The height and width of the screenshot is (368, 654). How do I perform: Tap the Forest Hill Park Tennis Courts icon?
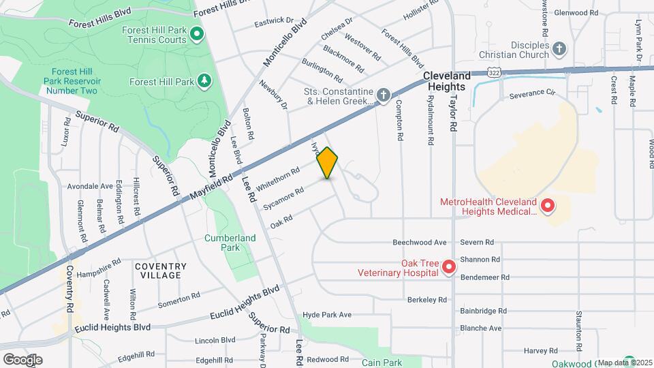pyautogui.click(x=196, y=33)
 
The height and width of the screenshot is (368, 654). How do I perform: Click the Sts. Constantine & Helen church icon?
pyautogui.click(x=384, y=96)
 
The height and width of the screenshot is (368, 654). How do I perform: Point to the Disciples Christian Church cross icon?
pyautogui.click(x=559, y=48)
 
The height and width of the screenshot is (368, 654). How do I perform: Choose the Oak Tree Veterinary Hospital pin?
pyautogui.click(x=449, y=266)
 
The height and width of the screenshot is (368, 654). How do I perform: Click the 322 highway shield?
pyautogui.click(x=495, y=71)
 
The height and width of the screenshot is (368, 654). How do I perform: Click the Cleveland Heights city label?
pyautogui.click(x=446, y=81)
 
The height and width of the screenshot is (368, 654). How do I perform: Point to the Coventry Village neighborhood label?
pyautogui.click(x=160, y=271)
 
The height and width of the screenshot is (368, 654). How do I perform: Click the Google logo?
pyautogui.click(x=22, y=359)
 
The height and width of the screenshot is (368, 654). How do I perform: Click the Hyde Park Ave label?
pyautogui.click(x=327, y=315)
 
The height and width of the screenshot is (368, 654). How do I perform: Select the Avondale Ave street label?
pyautogui.click(x=90, y=186)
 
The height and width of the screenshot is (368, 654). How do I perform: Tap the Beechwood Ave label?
pyautogui.click(x=420, y=242)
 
